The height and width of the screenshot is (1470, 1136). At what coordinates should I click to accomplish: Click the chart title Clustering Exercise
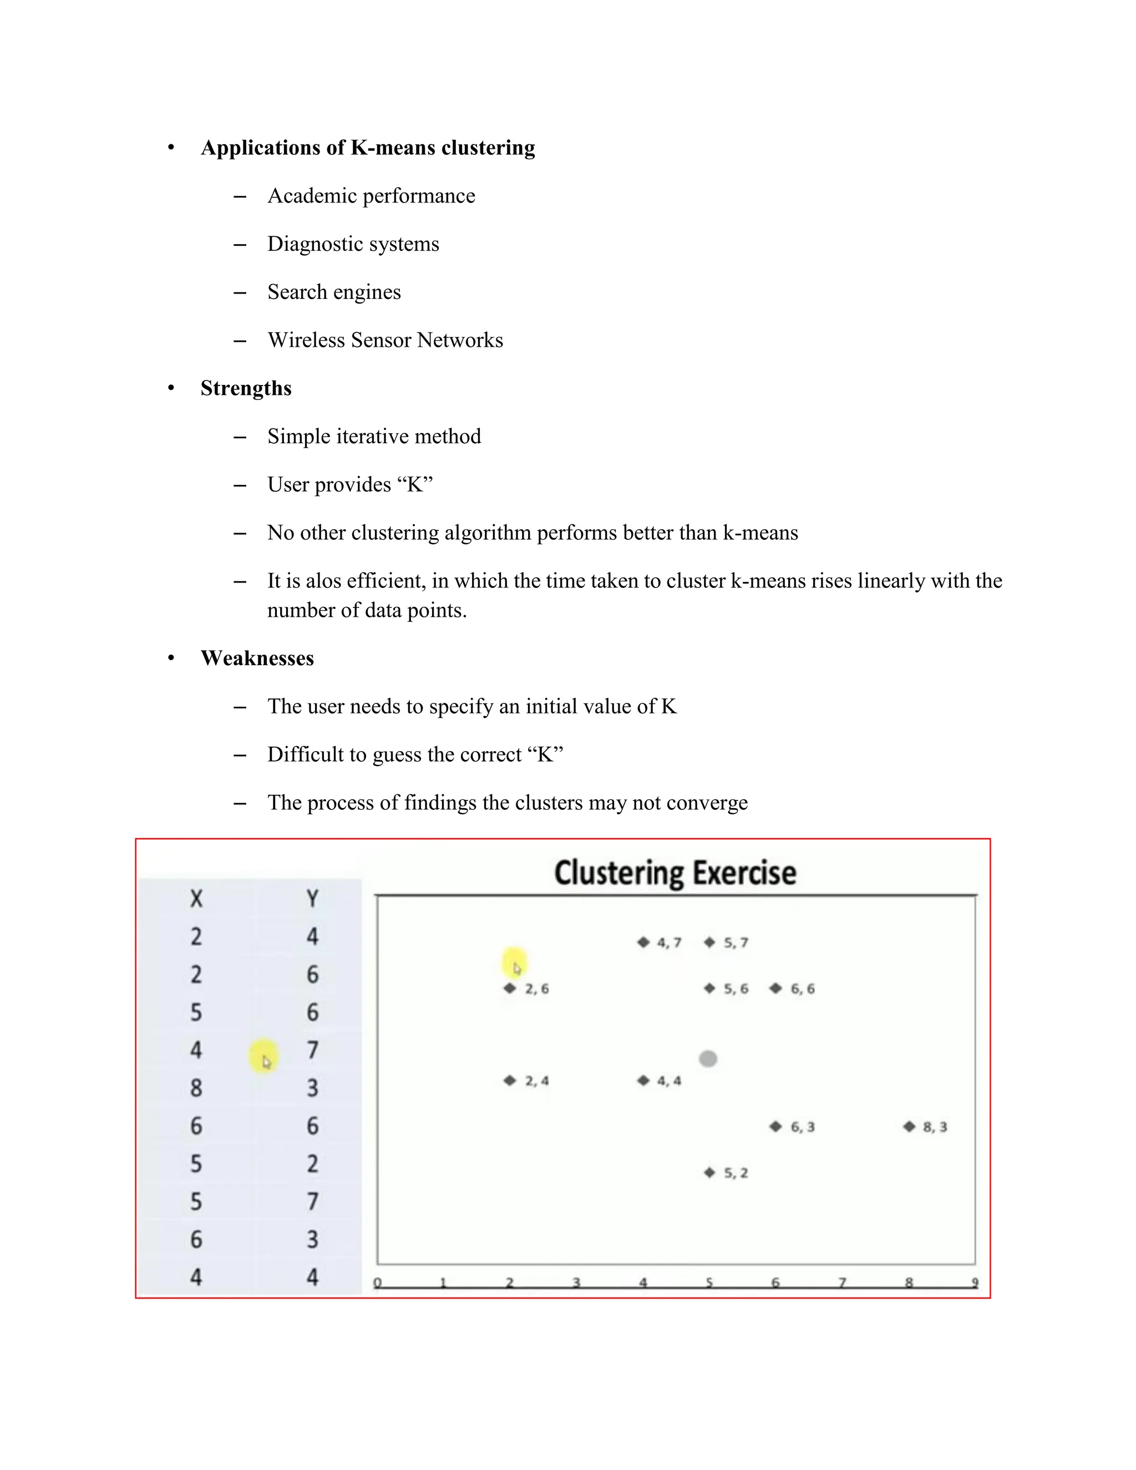(x=675, y=873)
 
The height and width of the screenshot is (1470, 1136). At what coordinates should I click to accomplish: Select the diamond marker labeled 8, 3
(x=909, y=1126)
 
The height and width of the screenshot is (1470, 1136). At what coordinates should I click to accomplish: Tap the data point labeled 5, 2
(x=709, y=1173)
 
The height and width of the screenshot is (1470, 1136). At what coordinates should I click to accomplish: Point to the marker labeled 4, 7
(x=643, y=942)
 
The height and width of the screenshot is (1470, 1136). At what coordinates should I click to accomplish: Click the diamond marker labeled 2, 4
(x=509, y=1080)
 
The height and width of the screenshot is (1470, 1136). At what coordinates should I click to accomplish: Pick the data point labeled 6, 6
(x=776, y=988)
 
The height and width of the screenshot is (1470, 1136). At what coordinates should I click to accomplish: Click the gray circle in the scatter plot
(x=708, y=1059)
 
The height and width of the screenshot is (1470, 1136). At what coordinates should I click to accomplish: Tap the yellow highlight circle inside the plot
(x=515, y=962)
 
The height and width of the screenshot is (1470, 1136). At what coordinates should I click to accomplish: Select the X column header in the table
(x=196, y=899)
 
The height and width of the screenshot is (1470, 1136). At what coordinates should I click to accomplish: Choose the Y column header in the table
(x=312, y=899)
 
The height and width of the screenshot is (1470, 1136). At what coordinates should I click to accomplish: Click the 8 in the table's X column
(x=196, y=1088)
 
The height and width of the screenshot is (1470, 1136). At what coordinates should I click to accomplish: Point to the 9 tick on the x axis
(x=975, y=1283)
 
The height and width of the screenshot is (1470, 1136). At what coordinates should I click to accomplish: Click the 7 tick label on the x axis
(x=842, y=1283)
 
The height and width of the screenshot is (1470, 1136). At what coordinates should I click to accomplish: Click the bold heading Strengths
(x=246, y=388)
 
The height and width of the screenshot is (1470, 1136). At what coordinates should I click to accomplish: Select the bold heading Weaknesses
(x=257, y=658)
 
